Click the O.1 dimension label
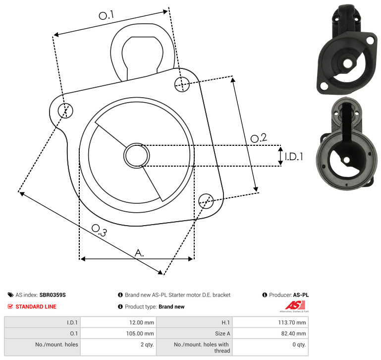tap(106, 15)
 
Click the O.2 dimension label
tap(259, 138)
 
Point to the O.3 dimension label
tap(99, 230)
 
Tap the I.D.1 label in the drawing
tap(294, 157)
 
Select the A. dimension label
tap(139, 253)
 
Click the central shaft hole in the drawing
tap(137, 156)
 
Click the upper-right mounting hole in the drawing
tap(182, 84)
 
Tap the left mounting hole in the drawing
tap(65, 111)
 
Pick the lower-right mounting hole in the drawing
tap(206, 201)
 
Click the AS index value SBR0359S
tap(53, 295)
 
